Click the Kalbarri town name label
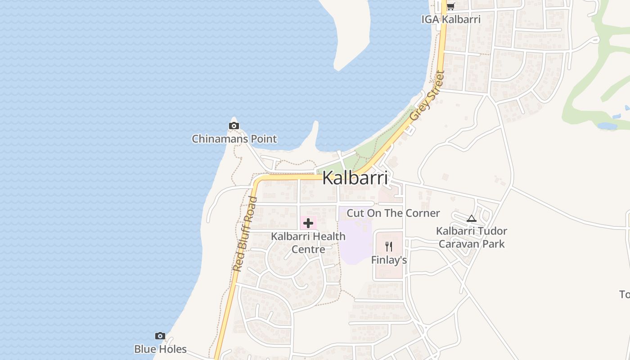355,178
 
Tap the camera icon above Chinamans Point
234,126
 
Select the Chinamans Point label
234,139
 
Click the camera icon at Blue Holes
160,336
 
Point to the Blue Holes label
160,349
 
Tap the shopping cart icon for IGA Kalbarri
450,7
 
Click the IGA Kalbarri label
451,19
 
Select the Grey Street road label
427,95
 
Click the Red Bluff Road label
245,234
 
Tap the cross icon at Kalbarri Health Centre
308,223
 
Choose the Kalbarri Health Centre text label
308,243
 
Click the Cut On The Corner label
393,213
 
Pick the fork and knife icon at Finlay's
389,247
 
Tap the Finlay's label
389,260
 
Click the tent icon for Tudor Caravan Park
471,219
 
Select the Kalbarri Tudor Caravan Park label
472,238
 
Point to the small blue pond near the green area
607,126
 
